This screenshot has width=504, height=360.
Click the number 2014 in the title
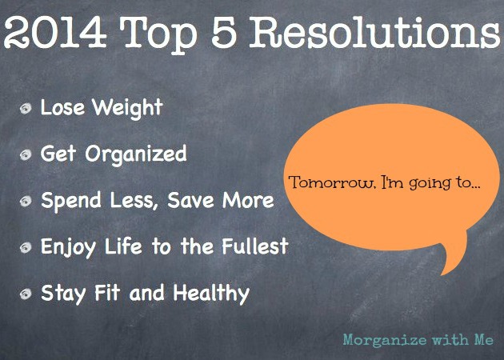pyautogui.click(x=55, y=33)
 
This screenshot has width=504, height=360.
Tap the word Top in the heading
pyautogui.click(x=158, y=35)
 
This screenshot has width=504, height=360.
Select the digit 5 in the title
pyautogui.click(x=224, y=33)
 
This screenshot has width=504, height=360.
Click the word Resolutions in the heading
pyautogui.click(x=374, y=32)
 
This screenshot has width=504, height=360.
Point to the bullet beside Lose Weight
pyautogui.click(x=26, y=108)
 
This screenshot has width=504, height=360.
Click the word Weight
pyautogui.click(x=127, y=109)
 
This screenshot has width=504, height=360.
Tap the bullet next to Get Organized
pyautogui.click(x=26, y=154)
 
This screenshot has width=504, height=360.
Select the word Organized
pyautogui.click(x=136, y=154)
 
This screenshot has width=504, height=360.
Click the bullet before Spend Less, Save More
pyautogui.click(x=26, y=202)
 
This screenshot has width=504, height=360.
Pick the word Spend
pyautogui.click(x=71, y=202)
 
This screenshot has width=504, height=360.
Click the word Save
pyautogui.click(x=190, y=200)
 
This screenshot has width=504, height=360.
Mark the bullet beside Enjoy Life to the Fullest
pyautogui.click(x=26, y=247)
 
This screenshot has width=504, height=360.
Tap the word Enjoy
pyautogui.click(x=69, y=247)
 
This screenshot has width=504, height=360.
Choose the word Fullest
pyautogui.click(x=255, y=246)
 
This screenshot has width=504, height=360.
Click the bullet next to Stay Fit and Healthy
pyautogui.click(x=26, y=294)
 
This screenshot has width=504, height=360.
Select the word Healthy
pyautogui.click(x=211, y=293)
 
